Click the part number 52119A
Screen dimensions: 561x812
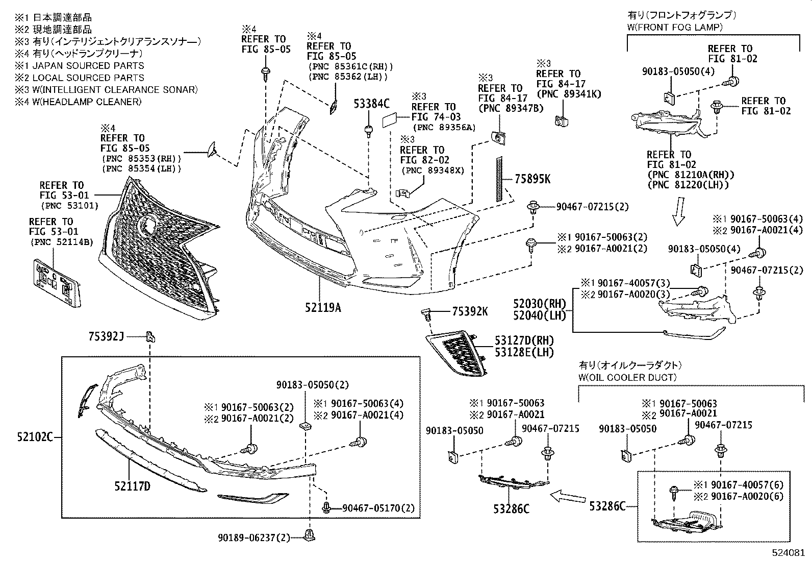click(x=323, y=307)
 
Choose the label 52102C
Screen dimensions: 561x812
click(x=34, y=437)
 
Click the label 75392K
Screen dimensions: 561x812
click(x=470, y=311)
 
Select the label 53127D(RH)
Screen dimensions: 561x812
click(x=523, y=340)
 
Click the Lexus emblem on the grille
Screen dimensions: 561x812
click(x=149, y=224)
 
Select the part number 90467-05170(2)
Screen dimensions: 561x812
click(x=378, y=508)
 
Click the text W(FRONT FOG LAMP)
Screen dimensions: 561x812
click(x=674, y=28)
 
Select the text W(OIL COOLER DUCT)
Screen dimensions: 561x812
click(x=627, y=377)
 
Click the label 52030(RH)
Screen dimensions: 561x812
click(x=543, y=304)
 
